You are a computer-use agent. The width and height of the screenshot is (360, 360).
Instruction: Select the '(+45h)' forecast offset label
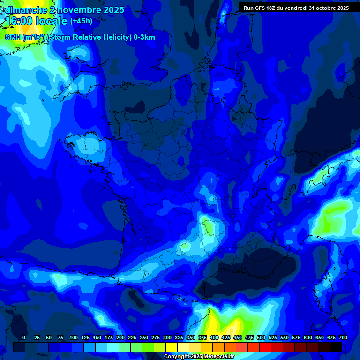[81, 21]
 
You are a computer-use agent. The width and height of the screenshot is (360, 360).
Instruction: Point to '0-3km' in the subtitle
[144, 37]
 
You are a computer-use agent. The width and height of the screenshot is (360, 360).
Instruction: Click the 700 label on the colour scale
[343, 337]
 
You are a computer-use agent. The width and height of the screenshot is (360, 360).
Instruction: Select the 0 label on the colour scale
[24, 337]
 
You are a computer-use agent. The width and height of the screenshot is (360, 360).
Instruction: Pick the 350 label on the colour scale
[191, 337]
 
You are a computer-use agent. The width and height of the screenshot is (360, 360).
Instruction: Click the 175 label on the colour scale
[109, 337]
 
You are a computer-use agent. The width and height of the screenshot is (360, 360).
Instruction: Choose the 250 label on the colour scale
[144, 337]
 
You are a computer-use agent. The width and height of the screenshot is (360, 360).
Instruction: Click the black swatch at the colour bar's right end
[336, 347]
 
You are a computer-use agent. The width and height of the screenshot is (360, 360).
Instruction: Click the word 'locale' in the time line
[52, 22]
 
